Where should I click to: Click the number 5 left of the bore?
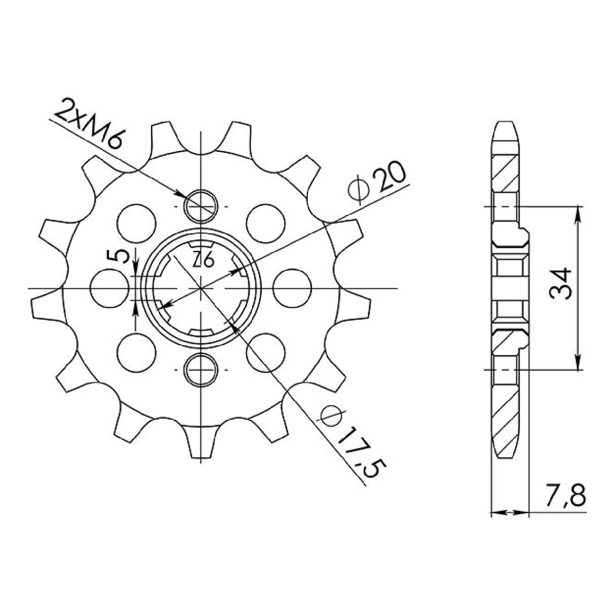118,257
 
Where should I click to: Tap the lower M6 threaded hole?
202,369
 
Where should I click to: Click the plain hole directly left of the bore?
108,287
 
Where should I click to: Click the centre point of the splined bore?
202,288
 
